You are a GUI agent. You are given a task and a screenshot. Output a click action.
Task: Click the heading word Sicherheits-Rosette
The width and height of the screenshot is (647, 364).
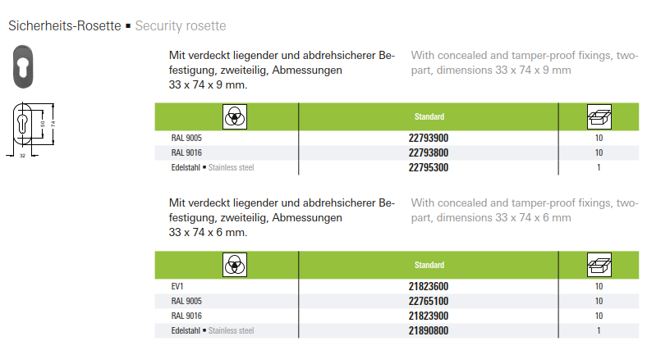click(x=64, y=25)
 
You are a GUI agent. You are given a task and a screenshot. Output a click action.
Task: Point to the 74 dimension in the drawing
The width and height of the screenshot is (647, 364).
click(x=53, y=124)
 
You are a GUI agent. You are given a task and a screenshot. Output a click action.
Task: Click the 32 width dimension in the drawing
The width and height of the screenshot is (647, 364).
click(x=23, y=155)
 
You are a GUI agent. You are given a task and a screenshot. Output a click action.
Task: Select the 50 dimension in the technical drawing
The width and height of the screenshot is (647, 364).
click(x=42, y=125)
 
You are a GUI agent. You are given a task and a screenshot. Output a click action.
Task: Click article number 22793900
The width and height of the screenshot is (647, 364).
click(x=429, y=138)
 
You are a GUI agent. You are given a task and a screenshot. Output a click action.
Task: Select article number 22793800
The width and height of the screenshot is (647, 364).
click(x=429, y=152)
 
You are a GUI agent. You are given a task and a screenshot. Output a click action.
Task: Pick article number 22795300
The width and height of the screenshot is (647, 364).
click(x=429, y=167)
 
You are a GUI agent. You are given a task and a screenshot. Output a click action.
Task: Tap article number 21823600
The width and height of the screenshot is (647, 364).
click(x=429, y=286)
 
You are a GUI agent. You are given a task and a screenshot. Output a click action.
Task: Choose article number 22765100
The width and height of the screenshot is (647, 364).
click(x=429, y=301)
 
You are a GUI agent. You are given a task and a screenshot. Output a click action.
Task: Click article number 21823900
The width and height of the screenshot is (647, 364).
click(x=429, y=316)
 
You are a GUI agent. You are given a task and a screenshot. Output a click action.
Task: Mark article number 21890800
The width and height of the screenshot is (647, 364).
click(x=429, y=330)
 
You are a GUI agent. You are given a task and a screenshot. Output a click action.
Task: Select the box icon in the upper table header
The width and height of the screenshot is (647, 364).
click(x=599, y=116)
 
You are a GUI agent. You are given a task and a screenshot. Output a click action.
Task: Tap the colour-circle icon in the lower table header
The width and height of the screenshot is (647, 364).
click(x=236, y=265)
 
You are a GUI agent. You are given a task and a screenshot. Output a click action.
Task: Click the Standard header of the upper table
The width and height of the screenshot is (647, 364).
click(x=429, y=116)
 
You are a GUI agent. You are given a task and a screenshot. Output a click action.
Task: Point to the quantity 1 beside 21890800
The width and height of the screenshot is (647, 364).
click(x=599, y=330)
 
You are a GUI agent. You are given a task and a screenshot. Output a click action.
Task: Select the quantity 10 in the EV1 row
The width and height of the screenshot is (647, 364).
click(x=599, y=286)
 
